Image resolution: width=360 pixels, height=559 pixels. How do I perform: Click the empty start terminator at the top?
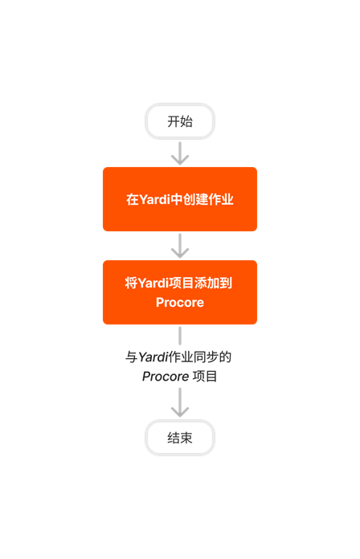[x=180, y=121]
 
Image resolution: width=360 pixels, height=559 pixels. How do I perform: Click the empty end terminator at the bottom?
[x=180, y=438]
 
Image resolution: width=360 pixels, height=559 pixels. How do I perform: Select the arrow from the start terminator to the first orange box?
[x=180, y=153]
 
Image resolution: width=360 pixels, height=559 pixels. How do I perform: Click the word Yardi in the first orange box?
[x=155, y=199]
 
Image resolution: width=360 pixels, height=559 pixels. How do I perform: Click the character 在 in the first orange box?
[x=133, y=199]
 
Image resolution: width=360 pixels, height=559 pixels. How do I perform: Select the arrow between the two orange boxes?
[x=180, y=246]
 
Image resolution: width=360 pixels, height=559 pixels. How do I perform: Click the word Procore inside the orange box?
[x=180, y=303]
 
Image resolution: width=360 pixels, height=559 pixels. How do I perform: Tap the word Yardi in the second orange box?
[x=154, y=283]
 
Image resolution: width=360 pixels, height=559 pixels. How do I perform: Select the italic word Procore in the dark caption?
[x=165, y=376]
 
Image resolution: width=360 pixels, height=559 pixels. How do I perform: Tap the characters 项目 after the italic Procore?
[x=204, y=376]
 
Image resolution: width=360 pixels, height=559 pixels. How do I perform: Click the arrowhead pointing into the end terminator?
[x=180, y=411]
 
